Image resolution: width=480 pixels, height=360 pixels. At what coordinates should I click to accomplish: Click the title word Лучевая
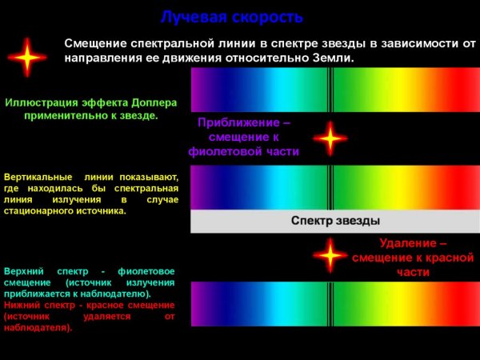coord(189,17)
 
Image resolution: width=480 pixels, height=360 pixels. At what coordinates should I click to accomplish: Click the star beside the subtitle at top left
coord(28,58)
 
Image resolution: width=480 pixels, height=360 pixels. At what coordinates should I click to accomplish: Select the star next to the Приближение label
coord(330,139)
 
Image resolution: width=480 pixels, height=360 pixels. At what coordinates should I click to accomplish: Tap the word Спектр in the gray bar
coord(310,220)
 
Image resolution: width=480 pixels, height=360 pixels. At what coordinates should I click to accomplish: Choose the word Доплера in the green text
coord(148,102)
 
